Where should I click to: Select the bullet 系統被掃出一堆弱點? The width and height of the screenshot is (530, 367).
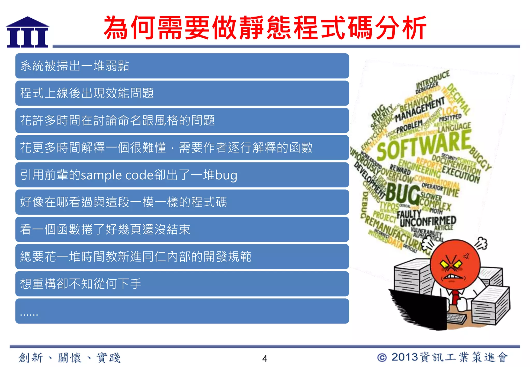point(75,66)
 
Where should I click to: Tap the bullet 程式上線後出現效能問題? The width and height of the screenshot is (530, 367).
point(87,93)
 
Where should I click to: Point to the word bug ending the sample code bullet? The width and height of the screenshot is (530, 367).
point(226,175)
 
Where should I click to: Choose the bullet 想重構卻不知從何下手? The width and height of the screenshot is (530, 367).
point(81,284)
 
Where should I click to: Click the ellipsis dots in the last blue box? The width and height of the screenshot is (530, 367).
point(29,314)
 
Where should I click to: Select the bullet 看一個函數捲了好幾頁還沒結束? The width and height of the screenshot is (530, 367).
point(105,230)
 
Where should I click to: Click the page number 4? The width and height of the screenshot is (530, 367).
point(264,358)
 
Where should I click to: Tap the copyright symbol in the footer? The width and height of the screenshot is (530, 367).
point(382,357)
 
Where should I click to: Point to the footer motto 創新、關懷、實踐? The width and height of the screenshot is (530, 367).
point(69,358)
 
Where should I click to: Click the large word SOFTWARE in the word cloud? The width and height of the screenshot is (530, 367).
point(424,145)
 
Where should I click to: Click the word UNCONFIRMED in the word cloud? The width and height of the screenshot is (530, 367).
point(428,221)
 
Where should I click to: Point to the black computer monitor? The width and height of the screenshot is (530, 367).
point(419,309)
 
